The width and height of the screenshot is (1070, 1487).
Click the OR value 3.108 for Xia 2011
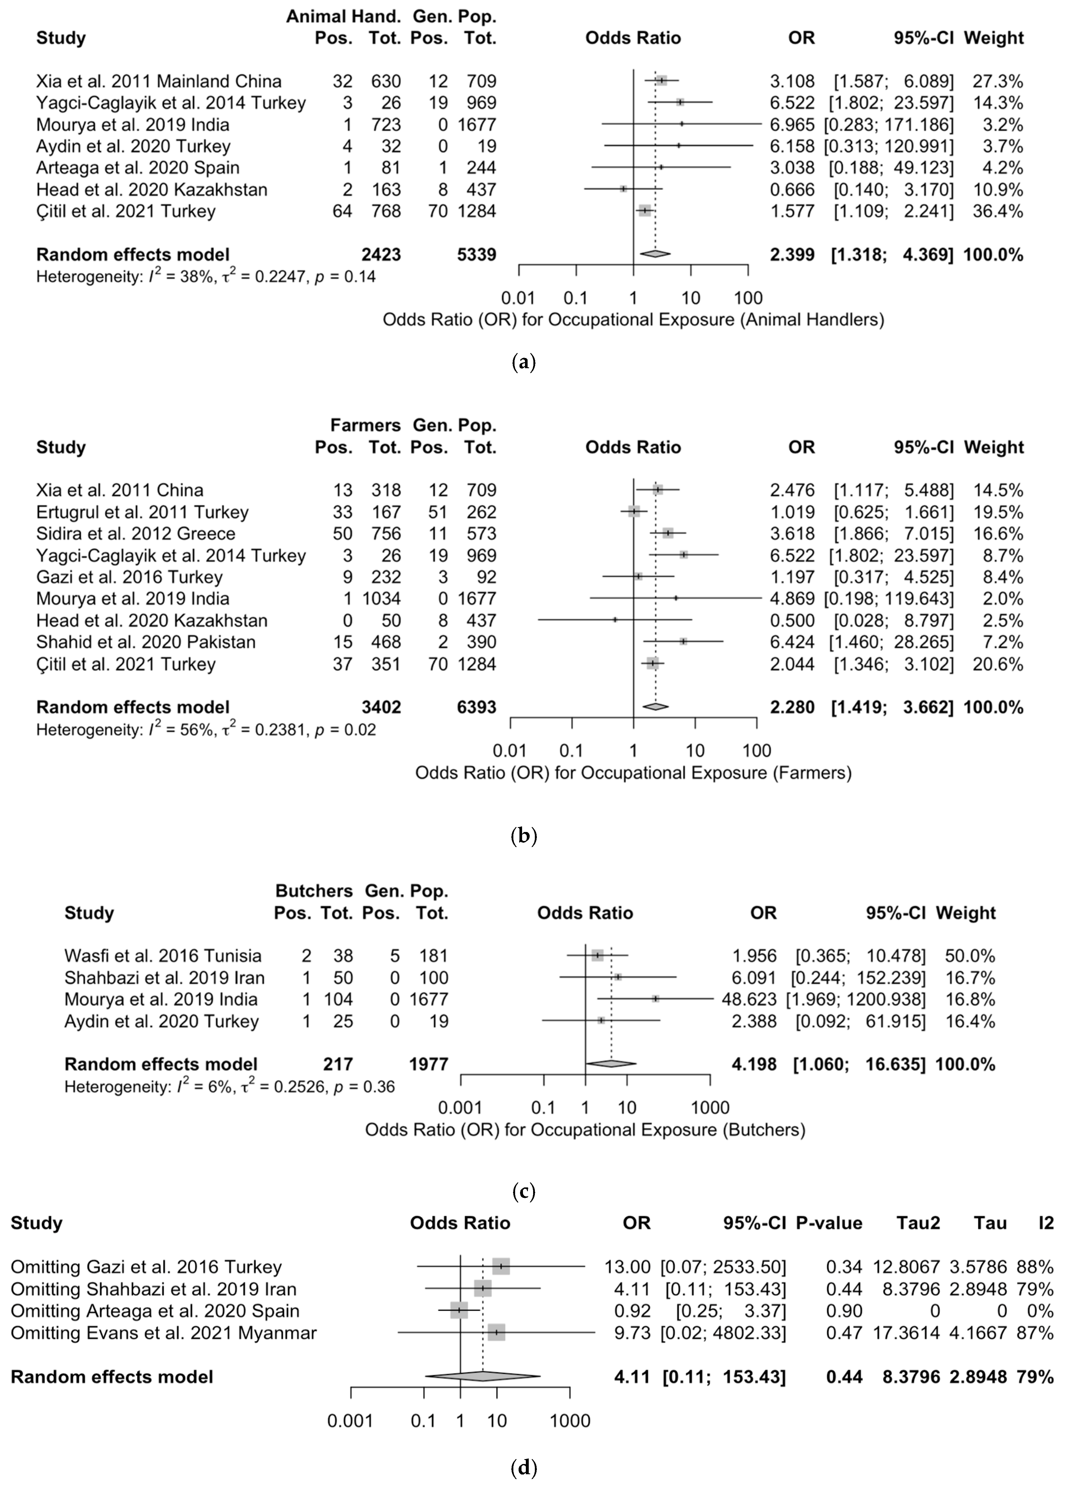pyautogui.click(x=792, y=81)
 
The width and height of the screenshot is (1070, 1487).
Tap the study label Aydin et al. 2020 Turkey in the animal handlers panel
pyautogui.click(x=133, y=146)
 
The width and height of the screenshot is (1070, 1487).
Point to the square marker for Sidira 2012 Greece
pyautogui.click(x=667, y=534)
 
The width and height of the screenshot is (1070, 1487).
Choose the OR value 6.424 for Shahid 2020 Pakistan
pyautogui.click(x=792, y=642)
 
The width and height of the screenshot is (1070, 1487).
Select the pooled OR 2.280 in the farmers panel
pyautogui.click(x=792, y=707)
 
